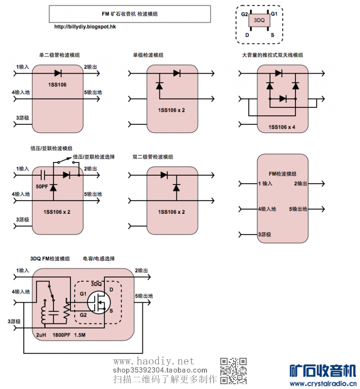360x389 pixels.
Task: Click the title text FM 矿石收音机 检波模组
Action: click(x=129, y=14)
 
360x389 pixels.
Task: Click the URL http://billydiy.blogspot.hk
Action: click(x=85, y=26)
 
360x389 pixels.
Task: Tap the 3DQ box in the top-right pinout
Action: click(x=259, y=20)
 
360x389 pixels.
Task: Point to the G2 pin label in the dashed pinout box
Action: click(x=245, y=14)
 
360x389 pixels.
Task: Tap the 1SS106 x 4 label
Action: click(x=282, y=127)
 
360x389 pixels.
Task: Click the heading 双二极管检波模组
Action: click(x=153, y=157)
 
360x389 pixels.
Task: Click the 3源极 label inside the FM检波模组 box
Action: click(x=265, y=234)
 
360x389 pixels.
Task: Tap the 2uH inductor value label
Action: click(x=41, y=335)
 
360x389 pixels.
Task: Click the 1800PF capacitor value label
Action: click(x=61, y=335)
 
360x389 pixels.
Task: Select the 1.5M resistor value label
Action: click(x=80, y=335)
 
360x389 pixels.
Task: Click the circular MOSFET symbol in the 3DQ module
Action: click(x=98, y=301)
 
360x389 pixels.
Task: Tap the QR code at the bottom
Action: click(x=233, y=370)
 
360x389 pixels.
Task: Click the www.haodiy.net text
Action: click(x=154, y=361)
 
